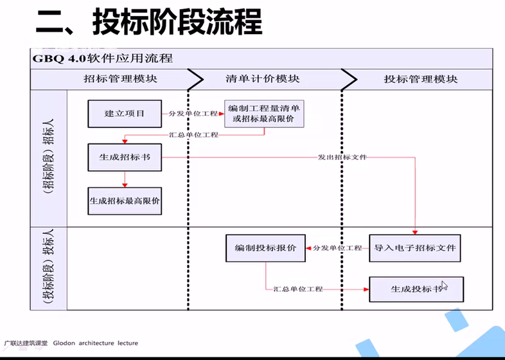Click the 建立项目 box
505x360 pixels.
[x=125, y=114]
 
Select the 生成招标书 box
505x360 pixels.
[x=125, y=157]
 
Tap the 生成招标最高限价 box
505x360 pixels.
[x=125, y=201]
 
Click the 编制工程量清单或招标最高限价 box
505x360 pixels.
[x=264, y=114]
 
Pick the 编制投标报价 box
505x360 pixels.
[x=265, y=248]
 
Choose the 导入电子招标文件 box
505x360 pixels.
[x=415, y=248]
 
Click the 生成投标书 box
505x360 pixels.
[x=416, y=289]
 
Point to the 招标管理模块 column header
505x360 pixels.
[x=120, y=79]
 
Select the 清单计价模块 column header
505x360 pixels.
[x=263, y=79]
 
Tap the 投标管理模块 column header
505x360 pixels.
[x=421, y=79]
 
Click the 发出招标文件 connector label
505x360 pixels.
[x=342, y=157]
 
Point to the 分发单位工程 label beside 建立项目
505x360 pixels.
[x=193, y=114]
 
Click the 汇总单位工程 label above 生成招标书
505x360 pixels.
[x=193, y=135]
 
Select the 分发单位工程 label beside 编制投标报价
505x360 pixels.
[x=337, y=248]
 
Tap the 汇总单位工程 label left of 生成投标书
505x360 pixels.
[x=298, y=289]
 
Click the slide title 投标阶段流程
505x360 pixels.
[x=177, y=22]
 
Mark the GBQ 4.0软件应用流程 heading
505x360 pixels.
[x=102, y=59]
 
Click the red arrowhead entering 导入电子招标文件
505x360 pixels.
[x=415, y=232]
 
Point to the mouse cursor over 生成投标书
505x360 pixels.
[x=445, y=285]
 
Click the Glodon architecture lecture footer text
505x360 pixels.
[x=95, y=343]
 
